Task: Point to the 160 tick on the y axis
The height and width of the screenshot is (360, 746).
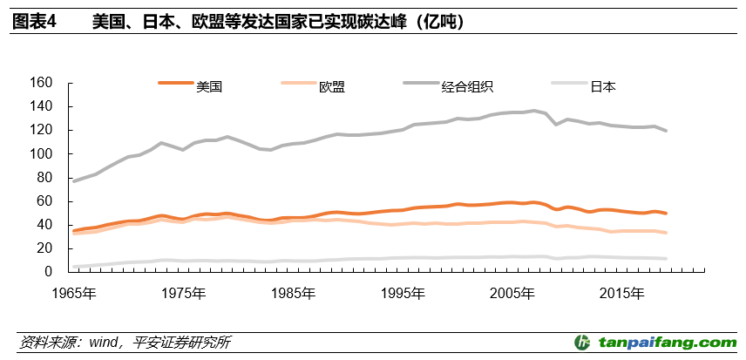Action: [42, 83]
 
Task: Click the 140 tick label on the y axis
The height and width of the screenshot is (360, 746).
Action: [42, 106]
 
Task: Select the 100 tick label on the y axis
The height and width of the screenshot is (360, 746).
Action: [42, 153]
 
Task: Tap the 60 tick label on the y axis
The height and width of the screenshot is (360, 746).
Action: [45, 200]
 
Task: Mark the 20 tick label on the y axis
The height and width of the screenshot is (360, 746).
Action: [45, 248]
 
